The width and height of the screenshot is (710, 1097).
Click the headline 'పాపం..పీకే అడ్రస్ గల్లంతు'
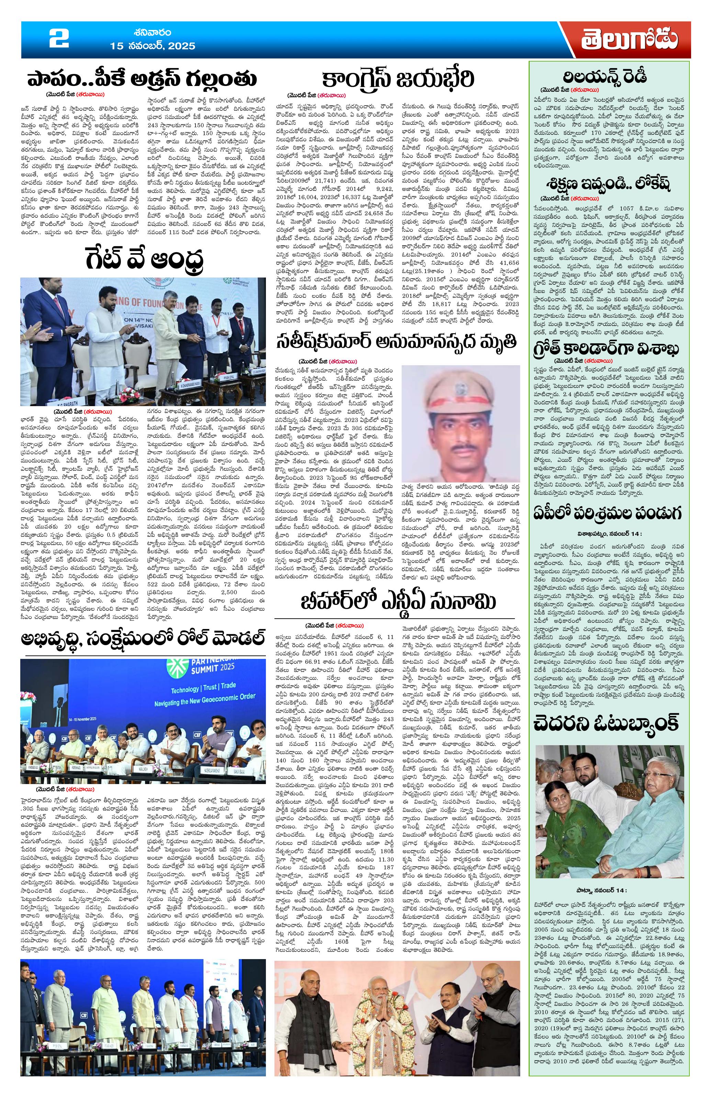pyautogui.click(x=142, y=79)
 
